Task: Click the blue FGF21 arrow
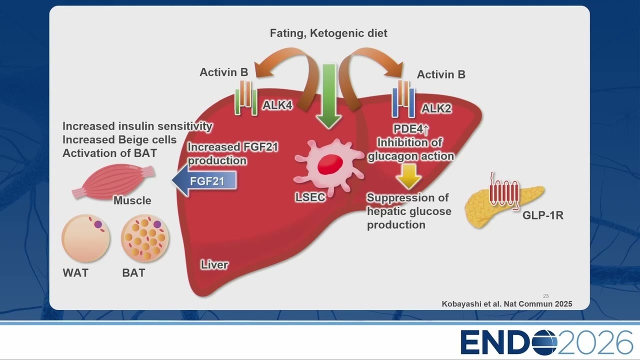coord(204,180)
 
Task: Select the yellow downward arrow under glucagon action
coord(409,176)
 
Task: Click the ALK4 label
coord(277,105)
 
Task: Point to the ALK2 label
coord(436,108)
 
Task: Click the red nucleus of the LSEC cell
coord(330,164)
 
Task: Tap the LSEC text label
coord(310,197)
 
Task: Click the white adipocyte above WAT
coord(85,238)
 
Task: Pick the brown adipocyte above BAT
coord(145,238)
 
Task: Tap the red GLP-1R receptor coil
coord(504,192)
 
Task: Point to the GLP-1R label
coord(543,215)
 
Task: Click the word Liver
coord(214,265)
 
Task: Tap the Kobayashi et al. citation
coord(507,303)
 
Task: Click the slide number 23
coord(545,296)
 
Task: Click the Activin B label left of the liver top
coord(223,72)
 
